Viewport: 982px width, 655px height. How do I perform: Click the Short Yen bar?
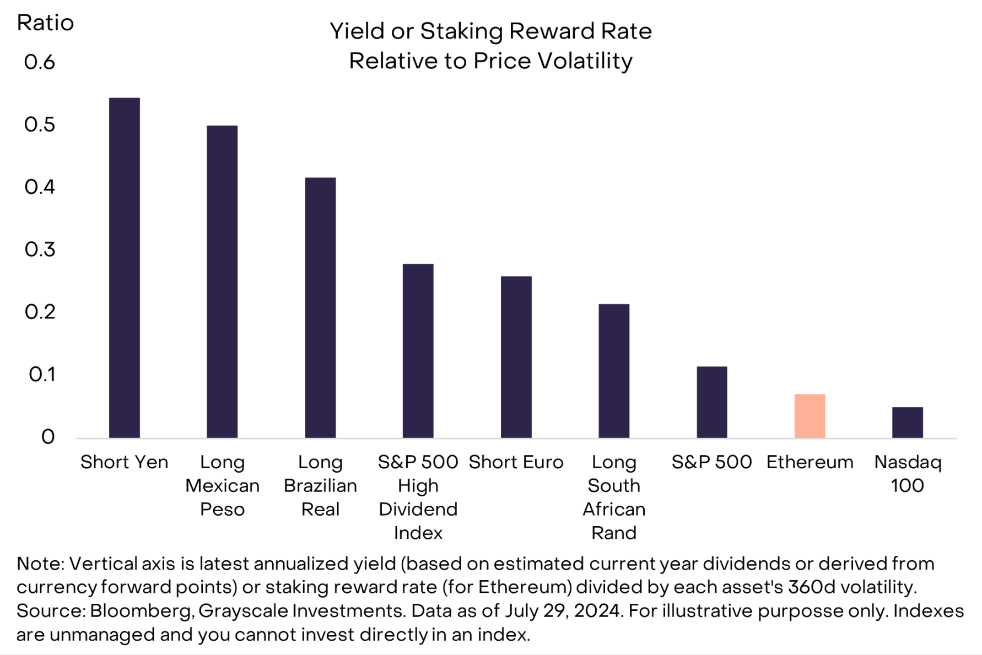click(x=125, y=268)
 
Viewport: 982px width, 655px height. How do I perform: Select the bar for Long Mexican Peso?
click(x=222, y=282)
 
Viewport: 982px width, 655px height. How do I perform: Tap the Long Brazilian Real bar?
click(x=320, y=307)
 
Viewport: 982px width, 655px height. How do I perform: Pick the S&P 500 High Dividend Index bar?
click(x=418, y=351)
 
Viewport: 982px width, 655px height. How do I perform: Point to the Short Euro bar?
click(x=516, y=357)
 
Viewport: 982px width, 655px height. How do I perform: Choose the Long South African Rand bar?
click(x=614, y=371)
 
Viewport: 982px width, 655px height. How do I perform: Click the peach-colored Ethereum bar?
click(x=810, y=416)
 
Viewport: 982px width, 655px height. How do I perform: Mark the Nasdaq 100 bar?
click(x=907, y=423)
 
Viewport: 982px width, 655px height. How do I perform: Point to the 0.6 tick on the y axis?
click(x=40, y=62)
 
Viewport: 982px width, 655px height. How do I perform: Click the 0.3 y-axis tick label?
click(x=40, y=250)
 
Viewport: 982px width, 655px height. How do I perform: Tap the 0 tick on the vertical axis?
click(x=48, y=437)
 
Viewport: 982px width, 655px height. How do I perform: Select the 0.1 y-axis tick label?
click(x=42, y=375)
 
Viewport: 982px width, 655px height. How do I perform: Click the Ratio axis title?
click(x=45, y=23)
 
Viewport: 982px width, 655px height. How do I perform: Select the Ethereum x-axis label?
click(x=810, y=462)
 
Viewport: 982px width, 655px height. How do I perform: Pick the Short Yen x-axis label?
click(x=125, y=462)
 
